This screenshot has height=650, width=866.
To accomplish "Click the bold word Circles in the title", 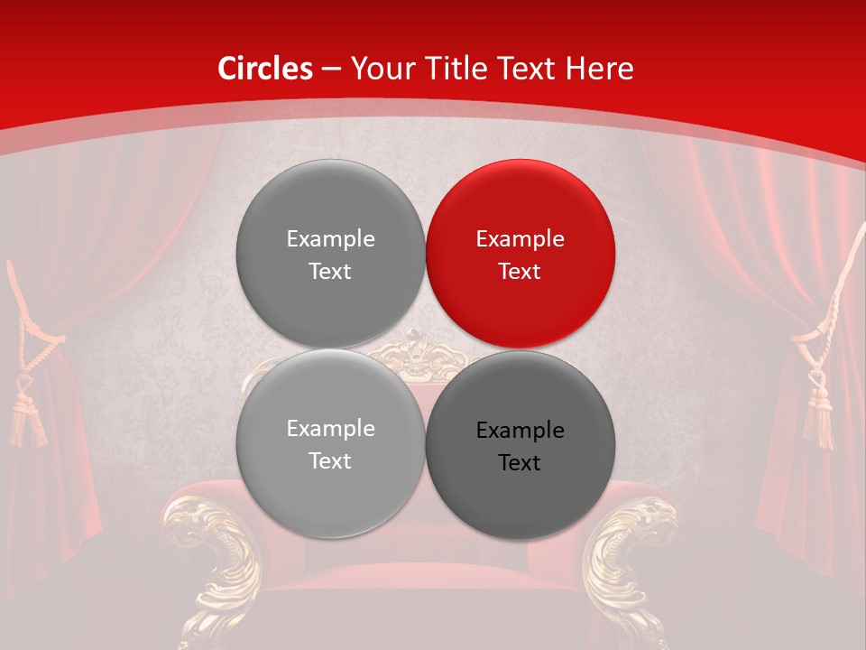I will click(x=265, y=69).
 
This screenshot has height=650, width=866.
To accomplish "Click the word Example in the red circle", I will click(x=520, y=239).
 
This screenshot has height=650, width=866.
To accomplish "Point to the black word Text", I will click(x=520, y=463).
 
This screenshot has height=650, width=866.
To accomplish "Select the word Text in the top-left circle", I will click(x=330, y=272).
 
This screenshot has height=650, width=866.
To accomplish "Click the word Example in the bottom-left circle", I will click(x=330, y=429).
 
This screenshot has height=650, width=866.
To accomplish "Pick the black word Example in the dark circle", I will click(x=520, y=431).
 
